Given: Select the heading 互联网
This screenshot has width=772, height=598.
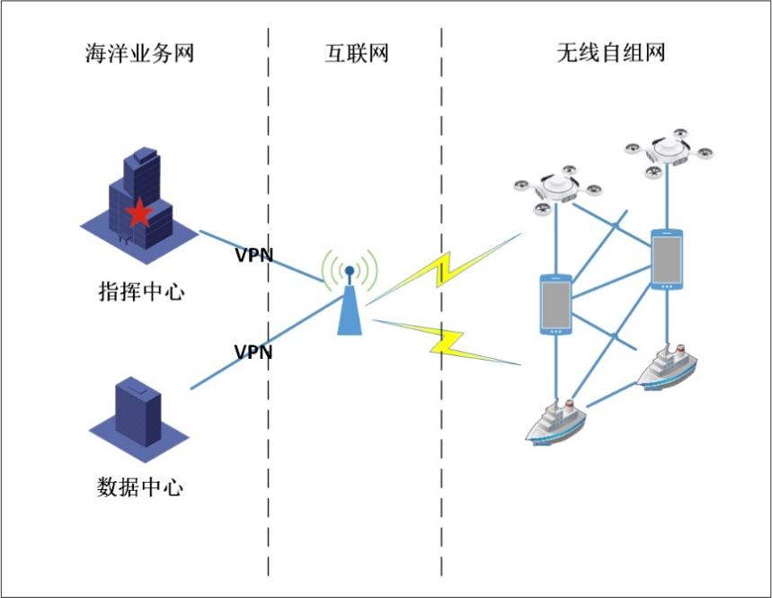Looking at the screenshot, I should coord(356,53).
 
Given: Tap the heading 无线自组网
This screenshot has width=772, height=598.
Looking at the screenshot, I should coord(610,53).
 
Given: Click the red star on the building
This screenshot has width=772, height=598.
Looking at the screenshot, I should coord(138,213).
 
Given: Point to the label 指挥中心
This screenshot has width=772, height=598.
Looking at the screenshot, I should coord(140,291).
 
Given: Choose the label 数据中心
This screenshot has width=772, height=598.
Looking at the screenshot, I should coord(140,487).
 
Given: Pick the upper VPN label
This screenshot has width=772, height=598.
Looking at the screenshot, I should coord(253,254).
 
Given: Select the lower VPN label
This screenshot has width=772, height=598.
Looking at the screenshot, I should coord(253,352).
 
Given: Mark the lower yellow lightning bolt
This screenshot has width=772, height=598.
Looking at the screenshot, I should coord(445,341).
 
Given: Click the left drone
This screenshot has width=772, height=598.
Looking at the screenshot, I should coord(556,188).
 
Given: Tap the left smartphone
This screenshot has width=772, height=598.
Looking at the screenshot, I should coord(556,305).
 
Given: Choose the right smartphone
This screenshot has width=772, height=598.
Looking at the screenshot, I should coord(667,260).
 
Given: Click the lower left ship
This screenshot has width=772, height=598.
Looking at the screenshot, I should coord(555,420).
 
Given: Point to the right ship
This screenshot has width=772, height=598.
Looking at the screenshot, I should coord(666,366).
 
